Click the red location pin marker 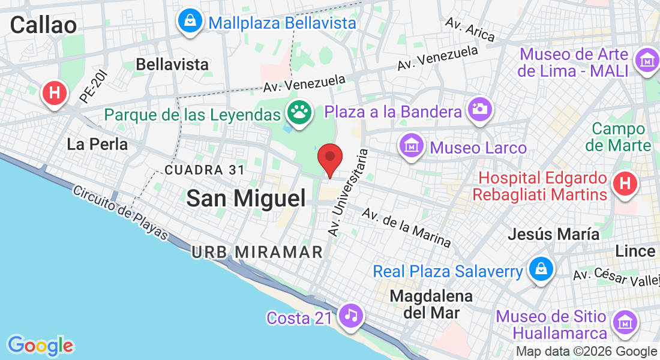click(x=329, y=157)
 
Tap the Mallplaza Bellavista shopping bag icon click(x=190, y=22)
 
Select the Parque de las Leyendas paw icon click(x=298, y=112)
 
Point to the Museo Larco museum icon click(x=412, y=146)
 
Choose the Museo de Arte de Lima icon click(x=647, y=61)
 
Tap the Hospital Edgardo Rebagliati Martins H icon click(x=625, y=183)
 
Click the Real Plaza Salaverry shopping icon click(x=541, y=269)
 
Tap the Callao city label click(x=43, y=25)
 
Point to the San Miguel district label click(x=246, y=198)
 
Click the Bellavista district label click(x=172, y=64)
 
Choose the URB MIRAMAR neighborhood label click(x=258, y=253)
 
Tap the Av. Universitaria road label click(x=347, y=192)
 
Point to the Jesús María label click(x=553, y=234)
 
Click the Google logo click(x=40, y=346)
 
